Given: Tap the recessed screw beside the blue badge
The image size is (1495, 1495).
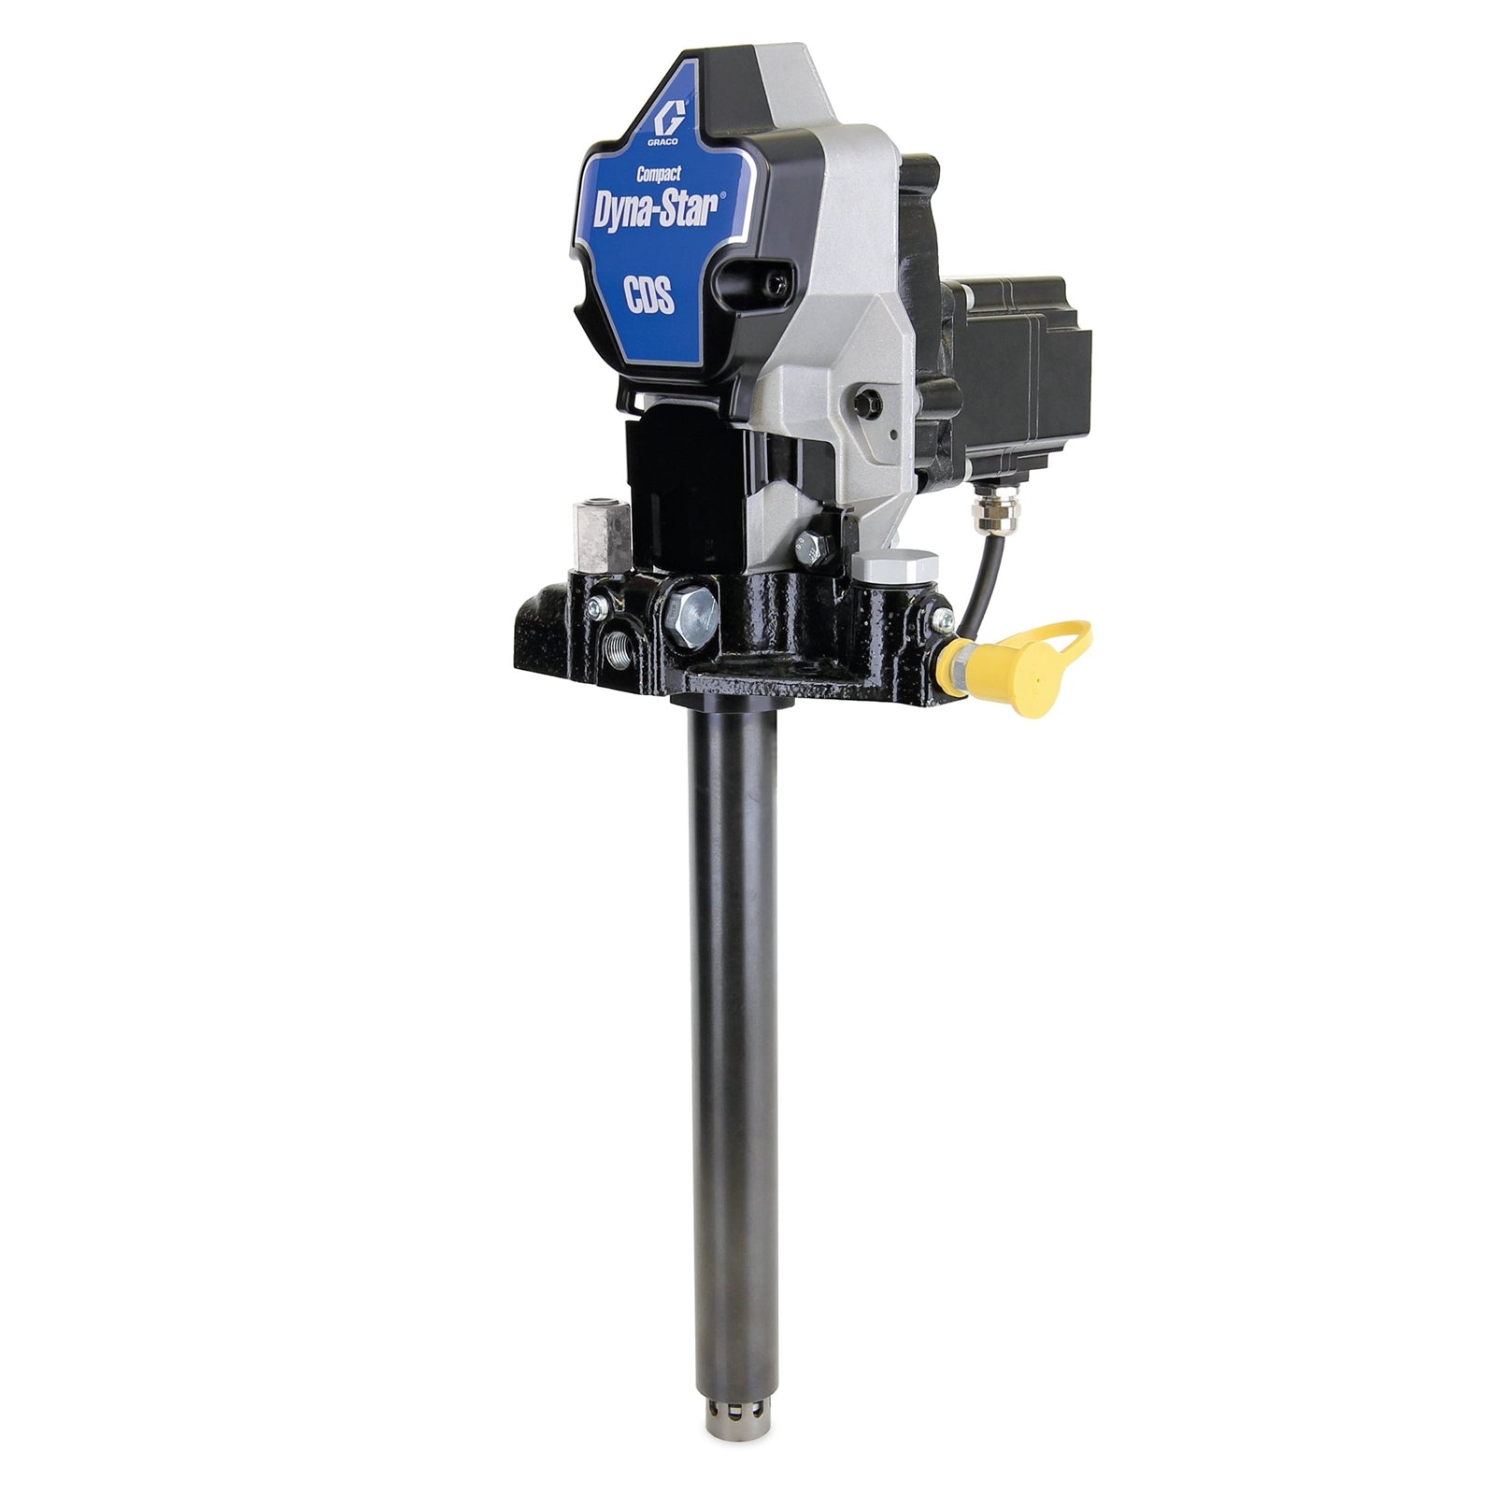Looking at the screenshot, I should pos(764,277).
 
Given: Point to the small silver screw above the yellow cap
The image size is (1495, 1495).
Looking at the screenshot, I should pos(942,617).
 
